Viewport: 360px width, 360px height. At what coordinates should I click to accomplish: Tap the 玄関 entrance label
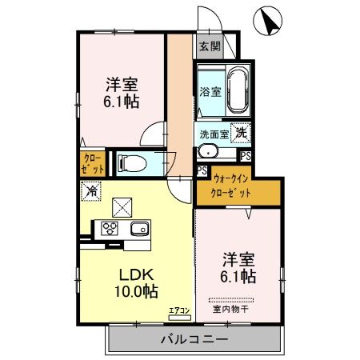[x=209, y=46]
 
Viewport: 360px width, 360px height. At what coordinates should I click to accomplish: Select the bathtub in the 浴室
[x=235, y=89]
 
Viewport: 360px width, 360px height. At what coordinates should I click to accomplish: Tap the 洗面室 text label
[x=212, y=134]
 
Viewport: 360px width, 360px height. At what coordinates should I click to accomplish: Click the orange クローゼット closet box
[x=92, y=164]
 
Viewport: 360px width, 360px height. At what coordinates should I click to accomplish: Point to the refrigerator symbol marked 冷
[x=91, y=192]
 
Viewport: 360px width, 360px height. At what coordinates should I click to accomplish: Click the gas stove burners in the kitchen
[x=108, y=229]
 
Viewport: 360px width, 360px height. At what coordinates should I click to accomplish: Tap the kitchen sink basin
[x=137, y=229]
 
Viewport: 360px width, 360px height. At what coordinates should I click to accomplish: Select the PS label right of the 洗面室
[x=245, y=155]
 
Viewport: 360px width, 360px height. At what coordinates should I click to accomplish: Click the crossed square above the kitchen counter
[x=122, y=206]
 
